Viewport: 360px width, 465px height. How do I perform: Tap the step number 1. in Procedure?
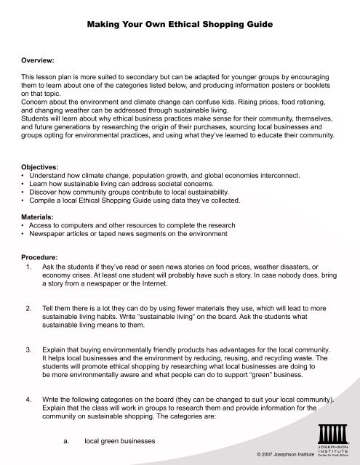click(x=28, y=267)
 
